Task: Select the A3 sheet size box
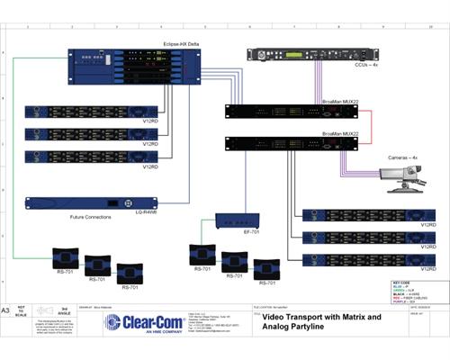(7, 310)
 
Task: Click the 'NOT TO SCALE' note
(22, 310)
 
